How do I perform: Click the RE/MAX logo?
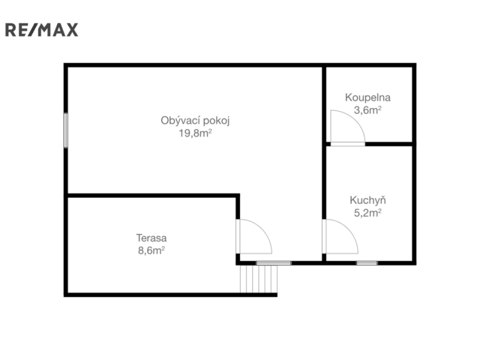(42, 30)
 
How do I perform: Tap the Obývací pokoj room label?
(195, 121)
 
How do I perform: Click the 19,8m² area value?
(195, 133)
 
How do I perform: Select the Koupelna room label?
(367, 97)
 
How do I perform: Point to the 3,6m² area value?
(367, 110)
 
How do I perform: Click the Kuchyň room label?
(367, 200)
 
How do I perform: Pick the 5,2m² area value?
(367, 213)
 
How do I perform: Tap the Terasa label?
(151, 238)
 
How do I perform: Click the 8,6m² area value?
(151, 250)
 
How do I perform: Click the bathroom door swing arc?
(355, 120)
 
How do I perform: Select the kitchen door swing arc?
(349, 229)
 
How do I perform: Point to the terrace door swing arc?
(262, 229)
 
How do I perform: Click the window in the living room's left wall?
(66, 130)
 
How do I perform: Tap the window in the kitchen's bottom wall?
(367, 263)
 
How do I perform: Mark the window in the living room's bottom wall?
(274, 263)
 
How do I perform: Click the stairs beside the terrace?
(259, 279)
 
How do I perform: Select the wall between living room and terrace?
(153, 195)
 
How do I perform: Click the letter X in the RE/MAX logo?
(72, 30)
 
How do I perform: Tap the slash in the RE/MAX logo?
(34, 30)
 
